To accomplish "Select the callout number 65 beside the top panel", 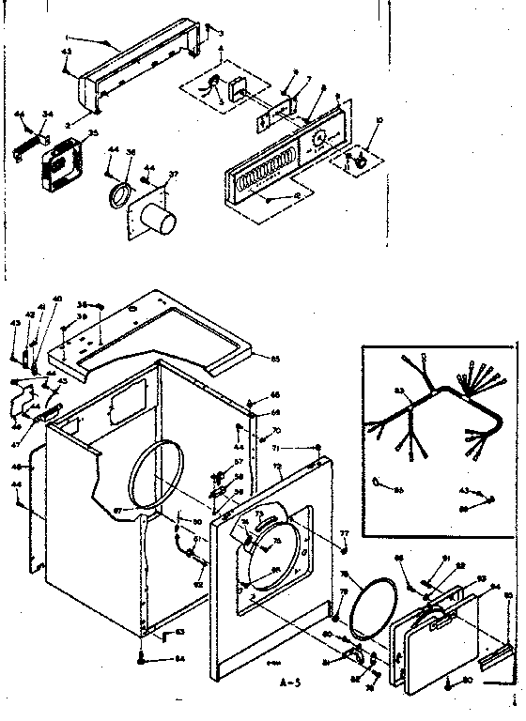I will (x=275, y=359).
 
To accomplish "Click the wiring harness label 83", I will (x=397, y=391).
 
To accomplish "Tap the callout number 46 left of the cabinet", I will (x=16, y=466).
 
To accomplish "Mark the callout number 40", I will (x=56, y=299).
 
